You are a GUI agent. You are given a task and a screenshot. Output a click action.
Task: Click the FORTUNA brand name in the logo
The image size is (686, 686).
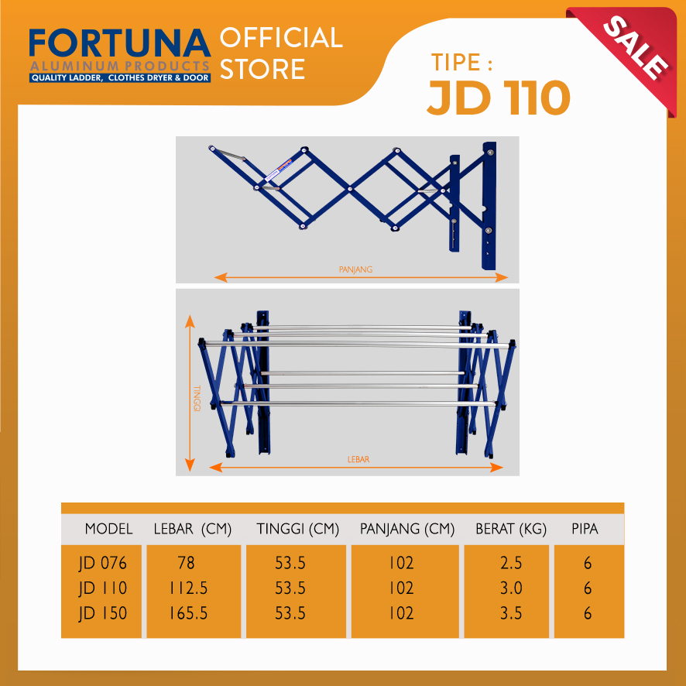click(120, 43)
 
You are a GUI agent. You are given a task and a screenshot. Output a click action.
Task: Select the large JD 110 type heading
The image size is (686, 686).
click(499, 98)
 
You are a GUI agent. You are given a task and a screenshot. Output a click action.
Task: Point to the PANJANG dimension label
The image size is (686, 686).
click(355, 269)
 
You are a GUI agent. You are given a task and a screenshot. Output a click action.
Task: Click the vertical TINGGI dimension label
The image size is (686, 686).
click(197, 398)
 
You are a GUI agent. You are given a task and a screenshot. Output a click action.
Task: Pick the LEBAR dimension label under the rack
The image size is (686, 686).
click(358, 459)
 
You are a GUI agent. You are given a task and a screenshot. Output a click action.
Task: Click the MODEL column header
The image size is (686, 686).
click(108, 529)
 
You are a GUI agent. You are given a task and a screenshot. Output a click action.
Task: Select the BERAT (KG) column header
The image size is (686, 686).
click(511, 530)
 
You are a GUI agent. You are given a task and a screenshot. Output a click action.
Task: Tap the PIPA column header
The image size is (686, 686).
click(585, 529)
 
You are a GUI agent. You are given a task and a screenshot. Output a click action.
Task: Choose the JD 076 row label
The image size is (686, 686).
click(103, 563)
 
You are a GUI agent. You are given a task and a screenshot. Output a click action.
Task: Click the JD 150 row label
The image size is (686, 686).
click(103, 613)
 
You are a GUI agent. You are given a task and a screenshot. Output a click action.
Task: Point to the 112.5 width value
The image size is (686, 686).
click(189, 588)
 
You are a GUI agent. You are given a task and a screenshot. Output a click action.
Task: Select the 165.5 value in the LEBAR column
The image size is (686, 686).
click(189, 613)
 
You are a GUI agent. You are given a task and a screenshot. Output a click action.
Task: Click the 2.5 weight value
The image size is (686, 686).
click(511, 563)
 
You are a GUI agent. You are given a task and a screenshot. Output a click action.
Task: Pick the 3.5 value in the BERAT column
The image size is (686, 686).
click(511, 613)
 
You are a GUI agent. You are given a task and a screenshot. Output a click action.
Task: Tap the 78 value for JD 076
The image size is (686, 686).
click(187, 563)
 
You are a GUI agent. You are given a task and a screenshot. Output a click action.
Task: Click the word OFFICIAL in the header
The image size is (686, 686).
click(281, 38)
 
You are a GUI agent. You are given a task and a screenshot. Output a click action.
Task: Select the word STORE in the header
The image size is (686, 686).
click(262, 69)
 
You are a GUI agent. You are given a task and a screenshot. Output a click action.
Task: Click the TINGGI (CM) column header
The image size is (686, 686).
click(298, 530)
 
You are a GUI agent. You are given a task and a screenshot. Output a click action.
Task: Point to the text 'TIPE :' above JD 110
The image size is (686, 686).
click(461, 62)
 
